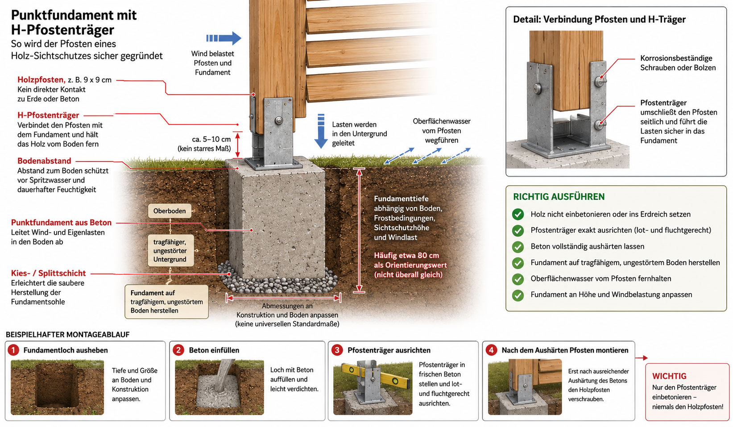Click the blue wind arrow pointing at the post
click(x=224, y=38)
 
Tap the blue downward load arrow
click(x=321, y=131)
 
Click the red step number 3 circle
click(x=337, y=350)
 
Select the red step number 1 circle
click(x=13, y=350)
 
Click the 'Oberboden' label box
click(x=170, y=211)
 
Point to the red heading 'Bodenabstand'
click(x=44, y=161)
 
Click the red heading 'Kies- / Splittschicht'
click(x=49, y=273)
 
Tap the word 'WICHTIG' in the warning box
click(x=669, y=376)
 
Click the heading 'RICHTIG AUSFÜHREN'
click(x=559, y=197)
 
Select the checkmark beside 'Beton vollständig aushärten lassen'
click(x=518, y=247)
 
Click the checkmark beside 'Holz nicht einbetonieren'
click(x=518, y=214)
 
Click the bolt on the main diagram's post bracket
click(x=279, y=120)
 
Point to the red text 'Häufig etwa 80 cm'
click(x=406, y=256)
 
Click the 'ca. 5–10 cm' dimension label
click(x=211, y=139)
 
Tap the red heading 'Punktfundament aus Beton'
click(x=61, y=223)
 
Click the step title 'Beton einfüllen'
click(x=214, y=350)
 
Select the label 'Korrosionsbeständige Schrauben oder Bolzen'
click(x=678, y=63)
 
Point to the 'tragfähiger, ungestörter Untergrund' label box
click(x=170, y=251)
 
